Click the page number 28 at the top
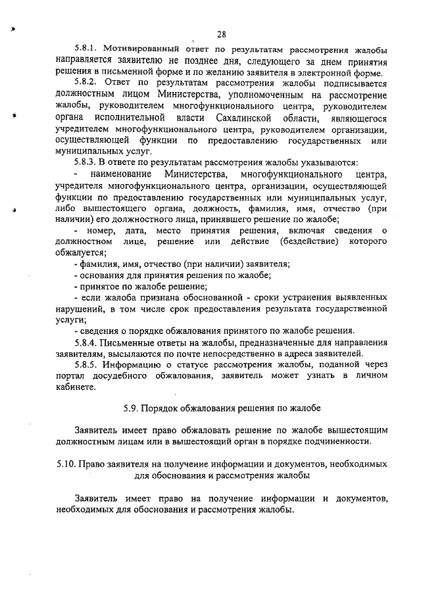pyautogui.click(x=222, y=34)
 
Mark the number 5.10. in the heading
pyautogui.click(x=66, y=464)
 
